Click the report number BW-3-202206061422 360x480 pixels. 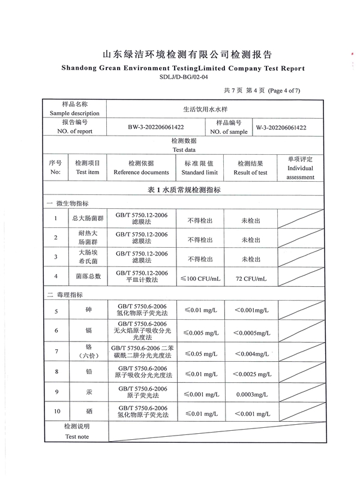click(155, 127)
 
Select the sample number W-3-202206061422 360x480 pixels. click(281, 127)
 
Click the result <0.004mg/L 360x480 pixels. click(251, 352)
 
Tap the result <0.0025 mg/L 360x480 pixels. click(251, 372)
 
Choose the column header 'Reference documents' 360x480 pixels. click(141, 172)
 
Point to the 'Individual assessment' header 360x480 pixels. click(300, 172)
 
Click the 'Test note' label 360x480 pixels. click(77, 437)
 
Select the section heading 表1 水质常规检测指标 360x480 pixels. click(184, 190)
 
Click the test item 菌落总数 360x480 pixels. click(88, 277)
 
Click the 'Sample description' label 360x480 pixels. click(74, 113)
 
